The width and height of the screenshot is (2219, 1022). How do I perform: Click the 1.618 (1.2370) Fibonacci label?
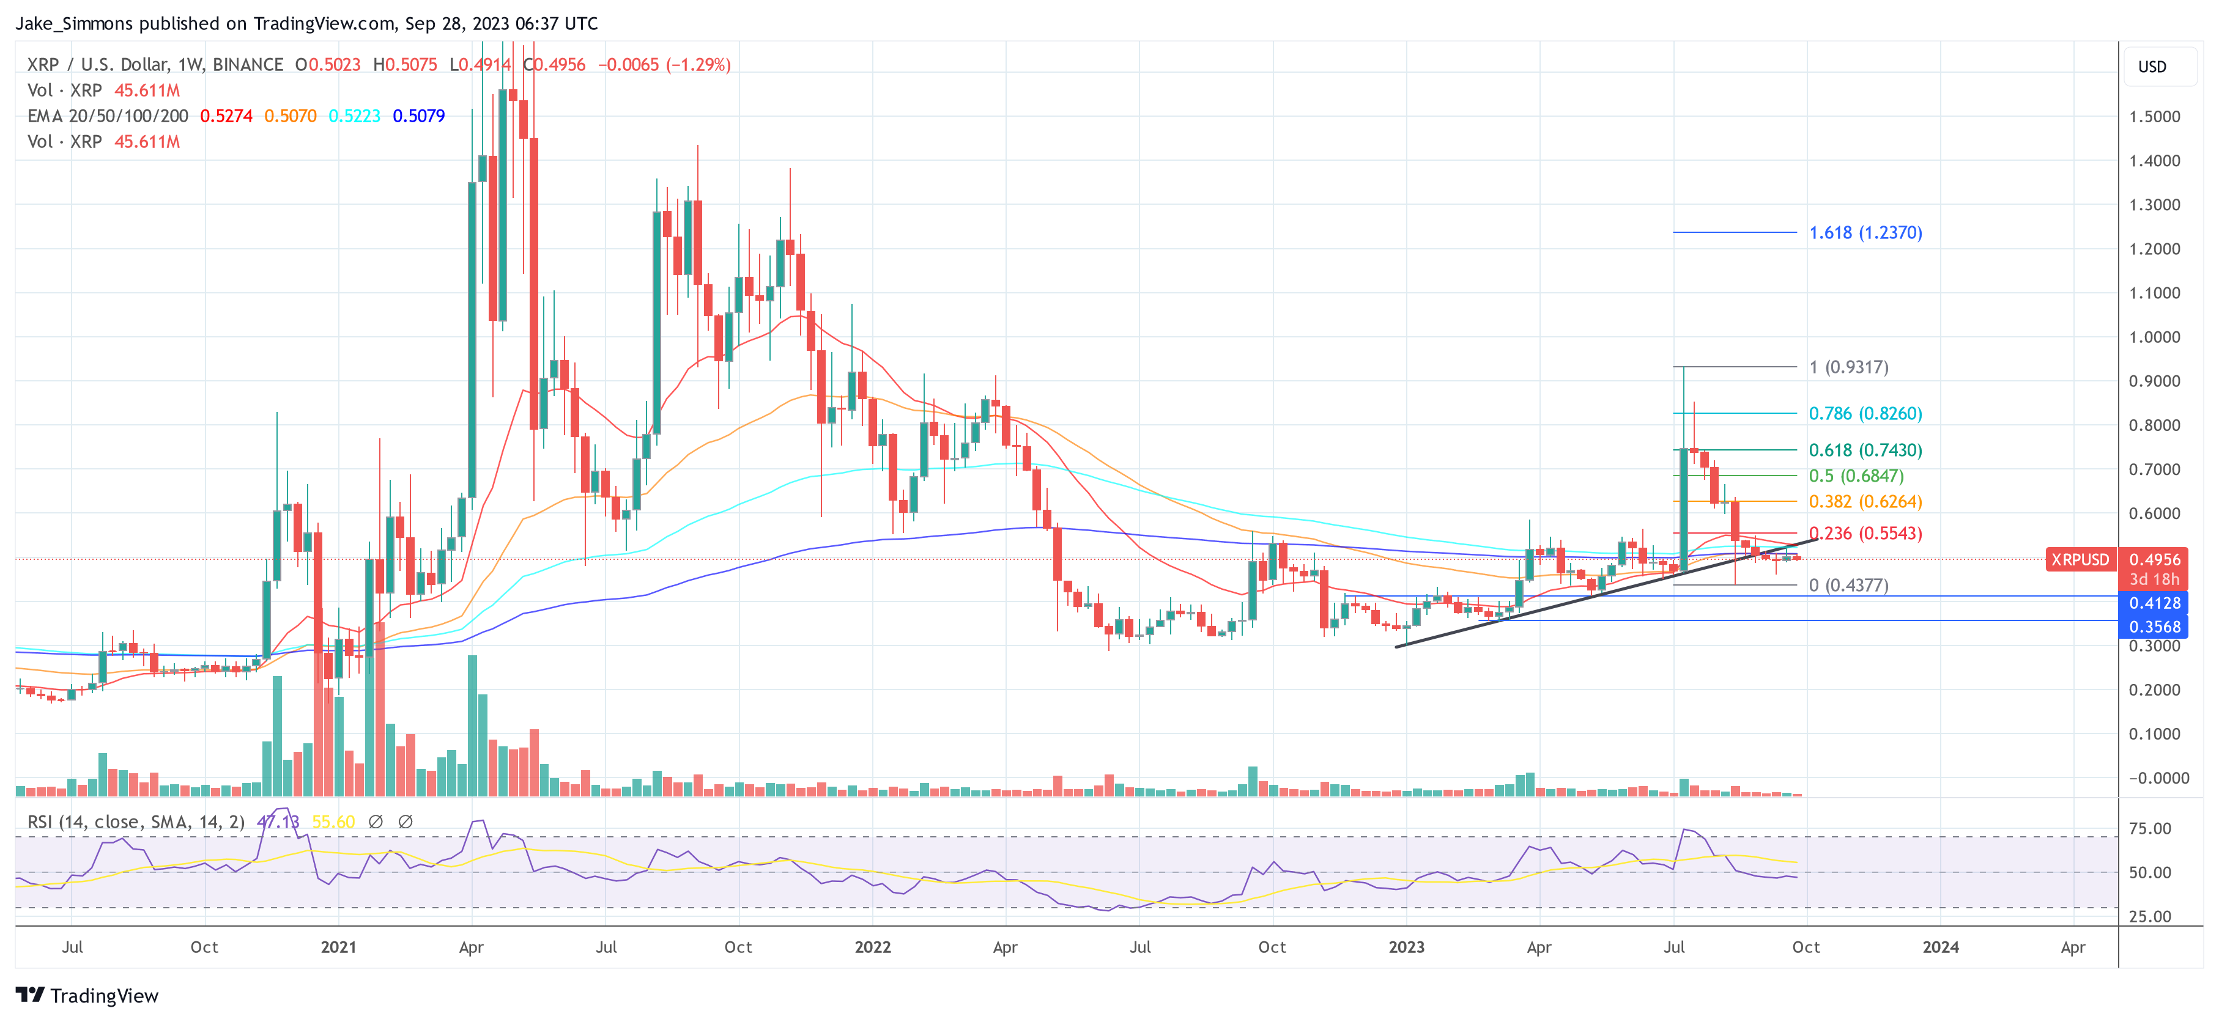click(1865, 232)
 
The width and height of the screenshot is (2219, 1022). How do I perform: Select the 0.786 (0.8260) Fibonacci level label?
click(1865, 413)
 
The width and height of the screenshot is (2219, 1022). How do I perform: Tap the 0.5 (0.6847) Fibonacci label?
click(1856, 476)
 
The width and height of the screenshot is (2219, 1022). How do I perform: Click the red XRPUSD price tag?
click(2080, 560)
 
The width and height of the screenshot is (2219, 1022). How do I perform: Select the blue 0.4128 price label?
click(2154, 603)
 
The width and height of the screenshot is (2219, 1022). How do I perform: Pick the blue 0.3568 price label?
click(2154, 627)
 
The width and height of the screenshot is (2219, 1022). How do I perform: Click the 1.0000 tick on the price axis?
click(2154, 337)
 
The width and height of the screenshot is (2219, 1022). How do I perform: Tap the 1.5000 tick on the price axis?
click(2154, 116)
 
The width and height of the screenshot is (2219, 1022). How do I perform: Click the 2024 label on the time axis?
click(1940, 947)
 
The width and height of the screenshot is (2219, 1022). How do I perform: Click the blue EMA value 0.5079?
click(418, 116)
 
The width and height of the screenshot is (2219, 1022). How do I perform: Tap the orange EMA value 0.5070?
click(291, 116)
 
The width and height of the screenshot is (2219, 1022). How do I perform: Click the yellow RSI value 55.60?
click(333, 822)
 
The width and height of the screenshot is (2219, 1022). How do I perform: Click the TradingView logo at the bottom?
click(87, 995)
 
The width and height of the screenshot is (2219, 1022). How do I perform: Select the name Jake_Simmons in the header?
click(74, 23)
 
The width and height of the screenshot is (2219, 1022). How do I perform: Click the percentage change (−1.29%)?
click(698, 65)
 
